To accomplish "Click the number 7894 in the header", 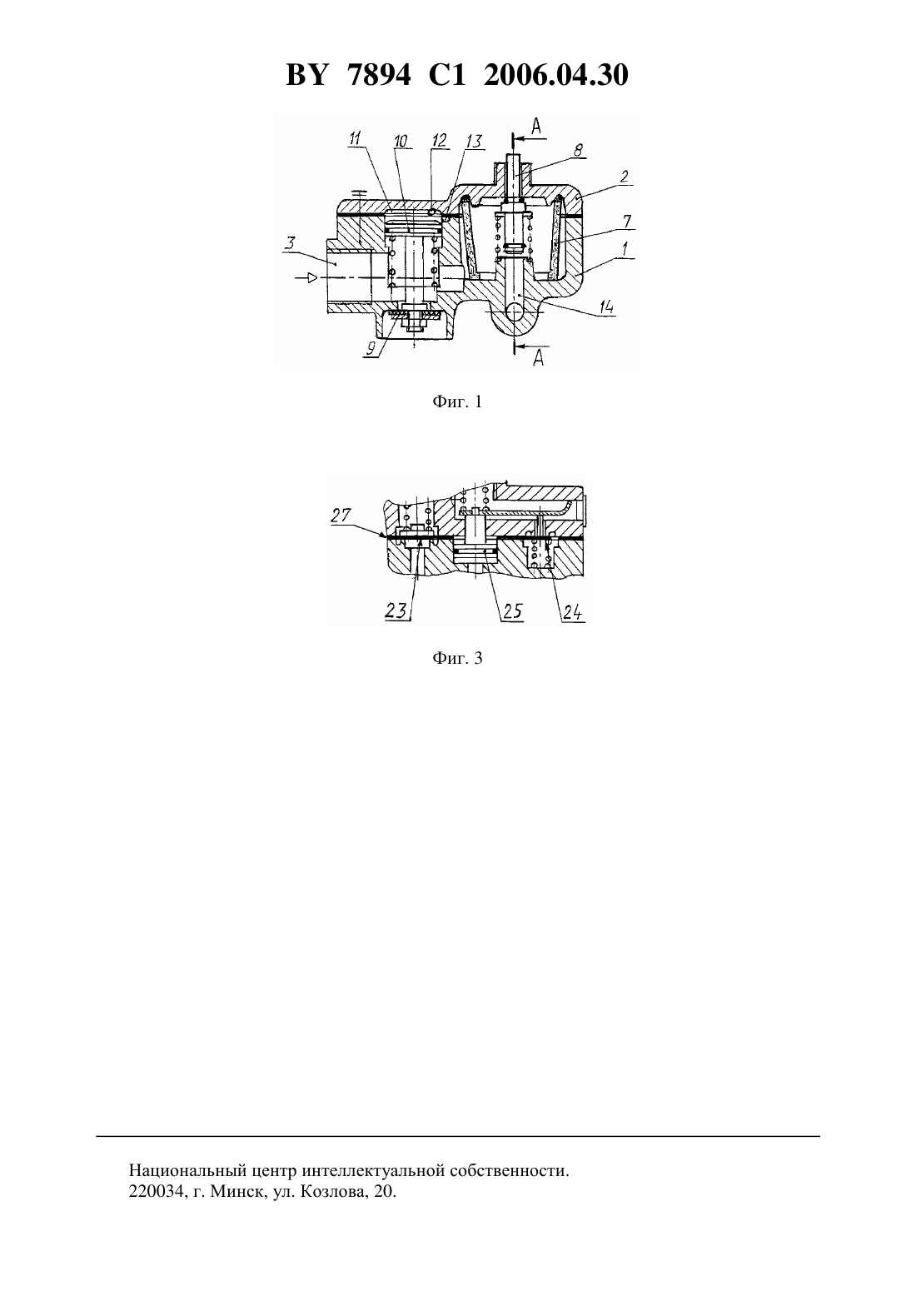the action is [x=380, y=75].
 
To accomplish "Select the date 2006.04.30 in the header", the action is [x=555, y=75].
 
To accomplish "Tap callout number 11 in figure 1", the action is [x=355, y=138].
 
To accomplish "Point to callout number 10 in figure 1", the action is [x=401, y=141].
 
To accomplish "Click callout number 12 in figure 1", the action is [x=440, y=139].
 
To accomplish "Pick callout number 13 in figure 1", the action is [x=474, y=142].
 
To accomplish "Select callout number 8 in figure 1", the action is [x=578, y=149].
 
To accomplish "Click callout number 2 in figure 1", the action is [x=624, y=176].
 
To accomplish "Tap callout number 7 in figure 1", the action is [x=627, y=221].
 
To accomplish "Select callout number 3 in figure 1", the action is [x=291, y=243].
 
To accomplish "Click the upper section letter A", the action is [x=536, y=126].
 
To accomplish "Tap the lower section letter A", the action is [x=539, y=358].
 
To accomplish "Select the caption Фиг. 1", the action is [x=457, y=401].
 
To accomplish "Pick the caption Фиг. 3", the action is [x=457, y=658].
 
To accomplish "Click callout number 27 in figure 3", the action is [x=341, y=515].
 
